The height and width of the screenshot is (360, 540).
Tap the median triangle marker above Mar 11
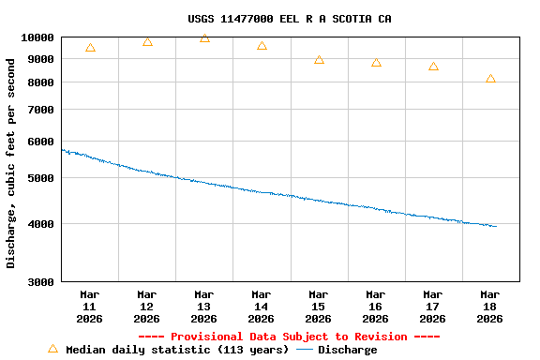coord(90,47)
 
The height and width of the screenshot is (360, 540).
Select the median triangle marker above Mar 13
coord(204,38)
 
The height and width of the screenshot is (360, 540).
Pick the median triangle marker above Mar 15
coord(319,60)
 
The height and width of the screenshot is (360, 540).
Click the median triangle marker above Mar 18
coord(490,79)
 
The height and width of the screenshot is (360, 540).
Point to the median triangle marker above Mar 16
coord(376,63)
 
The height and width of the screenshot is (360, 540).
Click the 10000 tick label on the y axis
coord(38,37)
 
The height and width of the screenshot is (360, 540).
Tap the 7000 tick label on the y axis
coord(41,110)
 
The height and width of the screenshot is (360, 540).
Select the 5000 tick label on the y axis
coord(41,178)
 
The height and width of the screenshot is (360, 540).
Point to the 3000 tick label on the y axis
coord(41,281)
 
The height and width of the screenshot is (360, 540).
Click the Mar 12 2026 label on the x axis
coord(147,307)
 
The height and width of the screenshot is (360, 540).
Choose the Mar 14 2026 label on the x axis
coord(262,307)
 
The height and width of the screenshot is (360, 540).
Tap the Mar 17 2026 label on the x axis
coord(433,307)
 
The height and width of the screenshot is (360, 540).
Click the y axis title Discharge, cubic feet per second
coord(11,163)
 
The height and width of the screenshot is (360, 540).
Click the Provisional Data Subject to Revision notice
coord(289,337)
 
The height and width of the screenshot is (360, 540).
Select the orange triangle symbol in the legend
coord(52,349)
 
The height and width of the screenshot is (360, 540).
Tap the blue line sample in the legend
coord(305,350)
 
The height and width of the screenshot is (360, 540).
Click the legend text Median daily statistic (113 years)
coord(177,350)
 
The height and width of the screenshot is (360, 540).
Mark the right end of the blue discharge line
coord(496,226)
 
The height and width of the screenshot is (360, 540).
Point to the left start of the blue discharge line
coord(62,150)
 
